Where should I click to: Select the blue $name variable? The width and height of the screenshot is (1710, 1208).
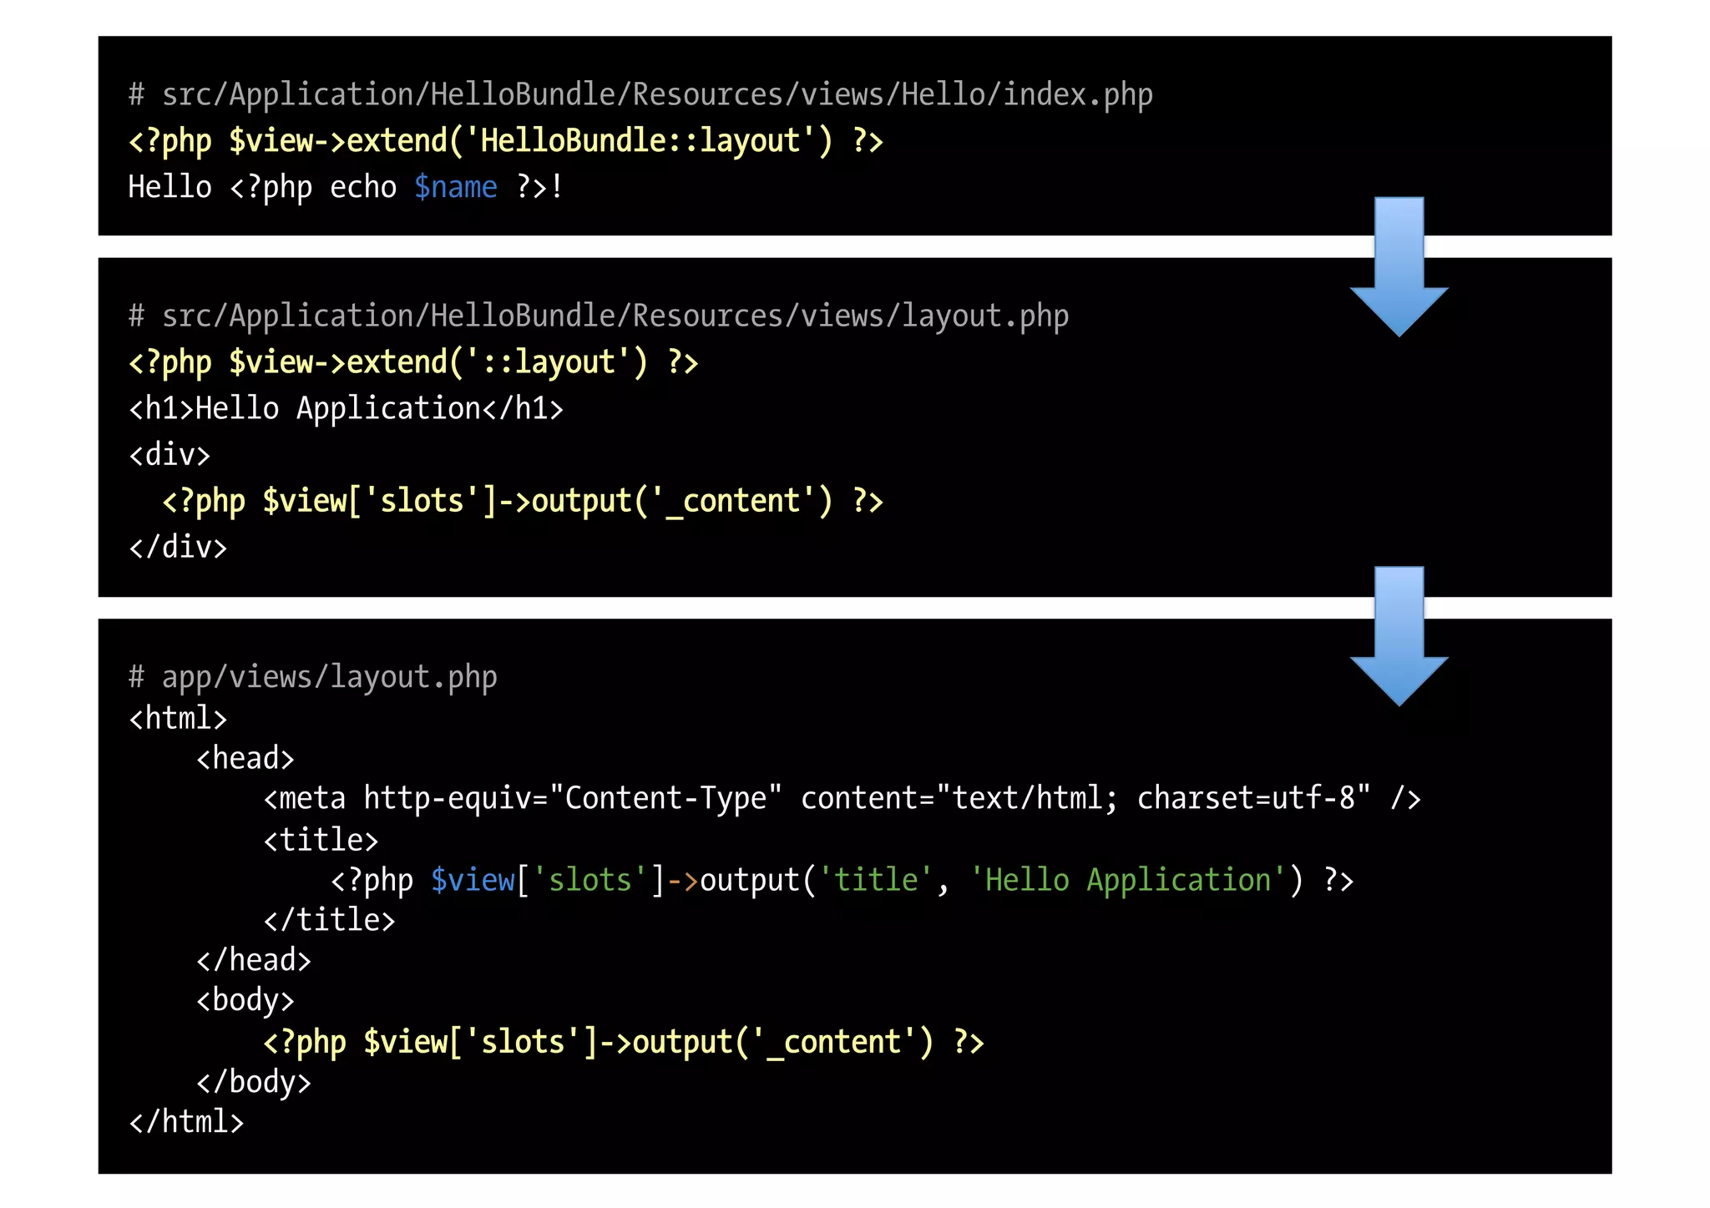455,187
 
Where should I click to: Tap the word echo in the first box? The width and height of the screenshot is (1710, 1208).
362,187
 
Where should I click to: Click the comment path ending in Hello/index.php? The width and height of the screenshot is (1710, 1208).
640,95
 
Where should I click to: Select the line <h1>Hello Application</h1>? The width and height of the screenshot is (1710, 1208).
346,408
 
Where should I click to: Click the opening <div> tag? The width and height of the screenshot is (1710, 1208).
169,455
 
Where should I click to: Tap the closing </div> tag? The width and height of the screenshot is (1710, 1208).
178,547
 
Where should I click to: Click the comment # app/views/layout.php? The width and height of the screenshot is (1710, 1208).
312,676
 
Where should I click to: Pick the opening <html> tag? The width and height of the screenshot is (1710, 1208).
178,718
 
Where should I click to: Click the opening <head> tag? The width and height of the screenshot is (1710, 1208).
245,758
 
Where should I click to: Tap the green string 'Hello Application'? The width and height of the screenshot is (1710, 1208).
1127,880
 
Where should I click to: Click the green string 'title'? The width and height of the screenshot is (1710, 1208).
876,880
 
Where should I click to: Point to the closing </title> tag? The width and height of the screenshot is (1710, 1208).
329,920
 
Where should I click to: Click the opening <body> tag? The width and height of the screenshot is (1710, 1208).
245,1000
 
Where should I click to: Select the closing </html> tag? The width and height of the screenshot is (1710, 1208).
186,1122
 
